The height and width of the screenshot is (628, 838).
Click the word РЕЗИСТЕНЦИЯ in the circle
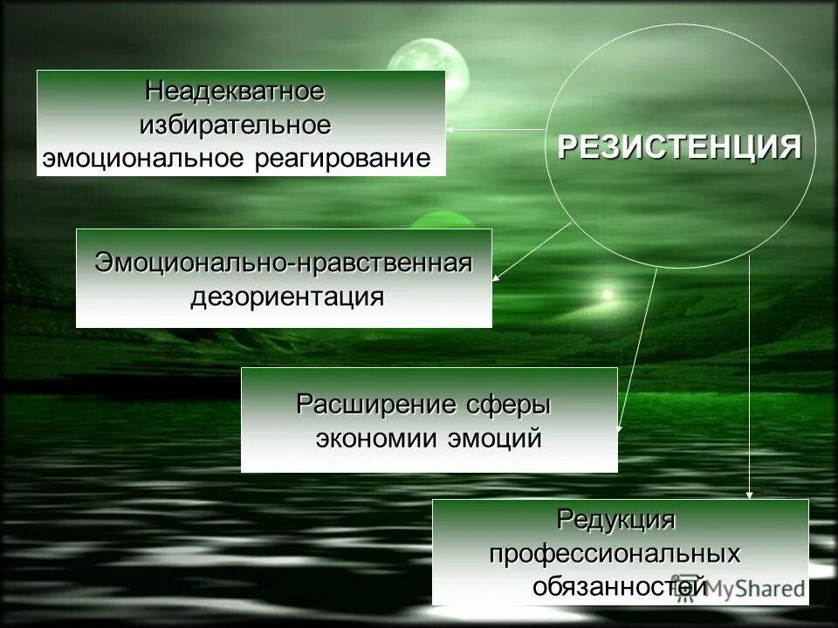coord(679,147)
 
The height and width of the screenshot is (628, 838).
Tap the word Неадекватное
coord(235,90)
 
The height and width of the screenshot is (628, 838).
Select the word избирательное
coord(236,125)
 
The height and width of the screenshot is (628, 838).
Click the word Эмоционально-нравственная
coord(284,263)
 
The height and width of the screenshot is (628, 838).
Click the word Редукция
coord(616,520)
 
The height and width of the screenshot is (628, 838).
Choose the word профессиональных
coord(615,554)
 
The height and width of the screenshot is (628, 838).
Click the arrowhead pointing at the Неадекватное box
coord(451,129)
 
